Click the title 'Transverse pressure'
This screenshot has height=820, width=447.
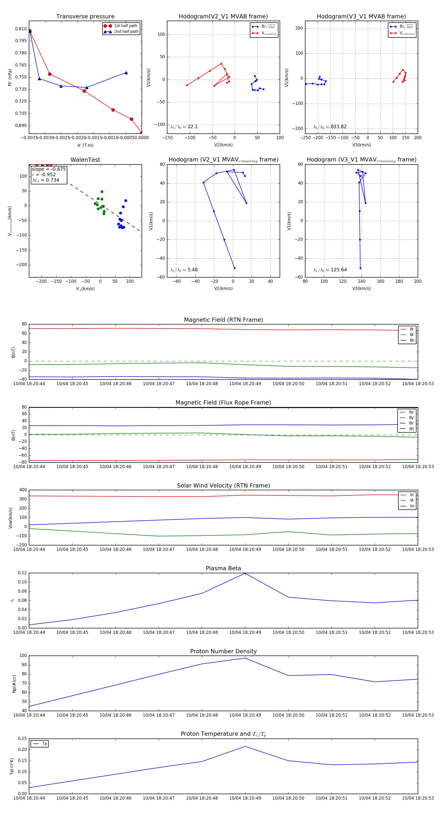(85, 17)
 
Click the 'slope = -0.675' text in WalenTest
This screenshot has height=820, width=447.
(49, 169)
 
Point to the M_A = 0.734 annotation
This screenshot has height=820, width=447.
(45, 180)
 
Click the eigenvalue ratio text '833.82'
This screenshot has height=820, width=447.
(338, 127)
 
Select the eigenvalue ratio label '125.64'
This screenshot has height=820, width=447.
(338, 270)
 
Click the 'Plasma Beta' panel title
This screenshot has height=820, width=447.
(223, 568)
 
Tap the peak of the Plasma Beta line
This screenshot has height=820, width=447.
(245, 573)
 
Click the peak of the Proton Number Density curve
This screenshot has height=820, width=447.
(245, 658)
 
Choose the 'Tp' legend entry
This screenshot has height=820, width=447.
(44, 744)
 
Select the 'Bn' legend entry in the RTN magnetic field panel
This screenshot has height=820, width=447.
(412, 340)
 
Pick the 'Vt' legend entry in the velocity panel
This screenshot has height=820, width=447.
(412, 500)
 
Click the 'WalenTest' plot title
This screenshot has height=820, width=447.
(85, 160)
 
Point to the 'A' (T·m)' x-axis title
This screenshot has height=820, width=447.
(85, 145)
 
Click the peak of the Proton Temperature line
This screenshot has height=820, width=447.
(245, 746)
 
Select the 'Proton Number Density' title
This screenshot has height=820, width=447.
(223, 651)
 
